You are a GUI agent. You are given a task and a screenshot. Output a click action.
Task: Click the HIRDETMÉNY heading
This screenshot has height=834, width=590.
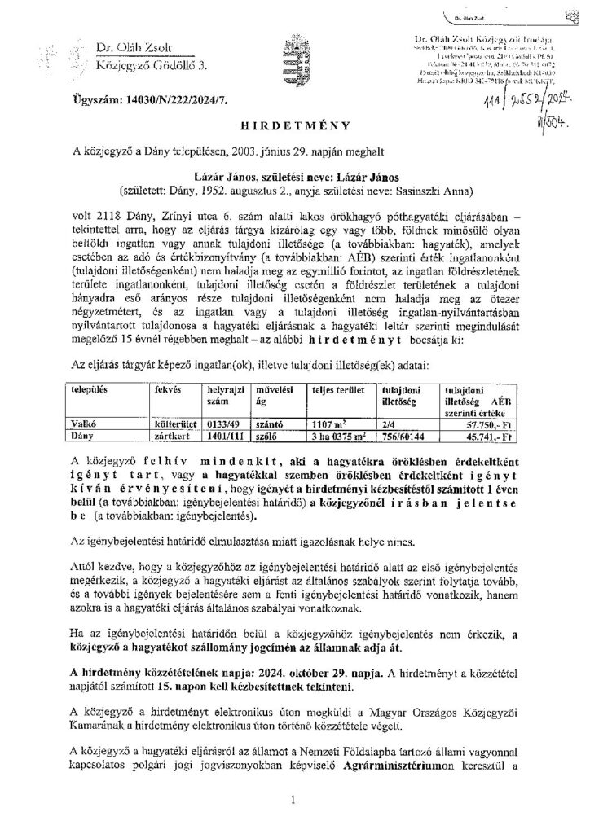point(295,126)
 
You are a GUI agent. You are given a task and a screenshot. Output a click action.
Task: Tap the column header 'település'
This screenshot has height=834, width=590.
point(90,391)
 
